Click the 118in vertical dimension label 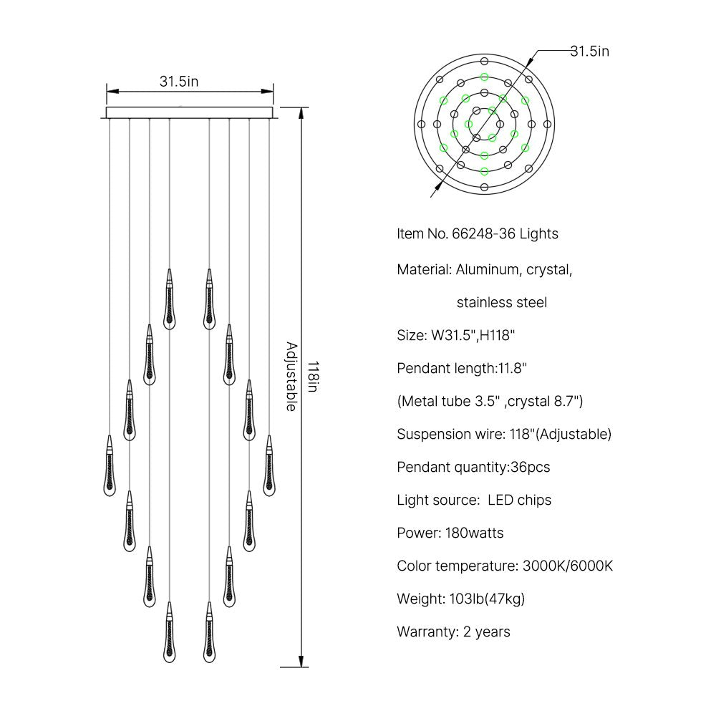pos(312,377)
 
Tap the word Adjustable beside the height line pos(292,377)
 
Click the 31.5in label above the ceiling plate pos(179,82)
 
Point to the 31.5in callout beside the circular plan pos(589,51)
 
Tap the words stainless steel pos(502,302)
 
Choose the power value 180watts pos(475,533)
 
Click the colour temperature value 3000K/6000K pos(568,566)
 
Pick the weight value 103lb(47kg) pos(487,599)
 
